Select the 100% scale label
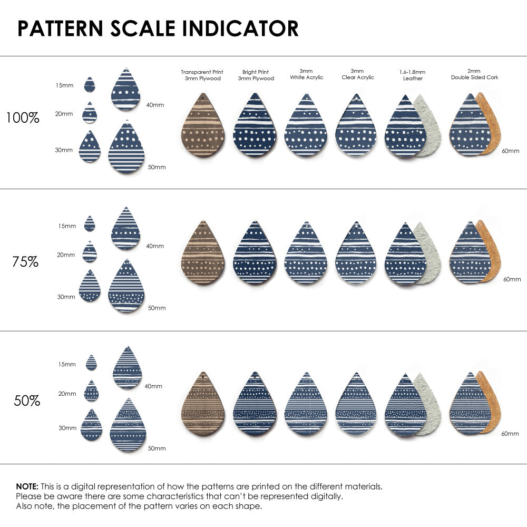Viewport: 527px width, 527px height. click(23, 118)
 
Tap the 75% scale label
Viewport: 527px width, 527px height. click(25, 261)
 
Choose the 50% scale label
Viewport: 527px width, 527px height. click(27, 401)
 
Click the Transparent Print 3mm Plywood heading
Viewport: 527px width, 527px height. click(202, 75)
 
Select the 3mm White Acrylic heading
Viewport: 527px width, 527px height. click(306, 74)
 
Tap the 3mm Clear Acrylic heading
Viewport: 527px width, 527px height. click(357, 74)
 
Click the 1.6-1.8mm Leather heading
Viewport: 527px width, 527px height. click(413, 75)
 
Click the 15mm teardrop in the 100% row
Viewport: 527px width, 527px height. click(90, 85)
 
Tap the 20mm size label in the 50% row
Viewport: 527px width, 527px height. click(67, 394)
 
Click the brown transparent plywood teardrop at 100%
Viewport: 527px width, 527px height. click(202, 125)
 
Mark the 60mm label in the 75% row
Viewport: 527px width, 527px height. click(512, 279)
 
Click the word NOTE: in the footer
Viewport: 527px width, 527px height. click(27, 486)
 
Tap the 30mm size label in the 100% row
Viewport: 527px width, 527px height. click(64, 150)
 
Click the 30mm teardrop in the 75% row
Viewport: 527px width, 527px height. click(90, 287)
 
